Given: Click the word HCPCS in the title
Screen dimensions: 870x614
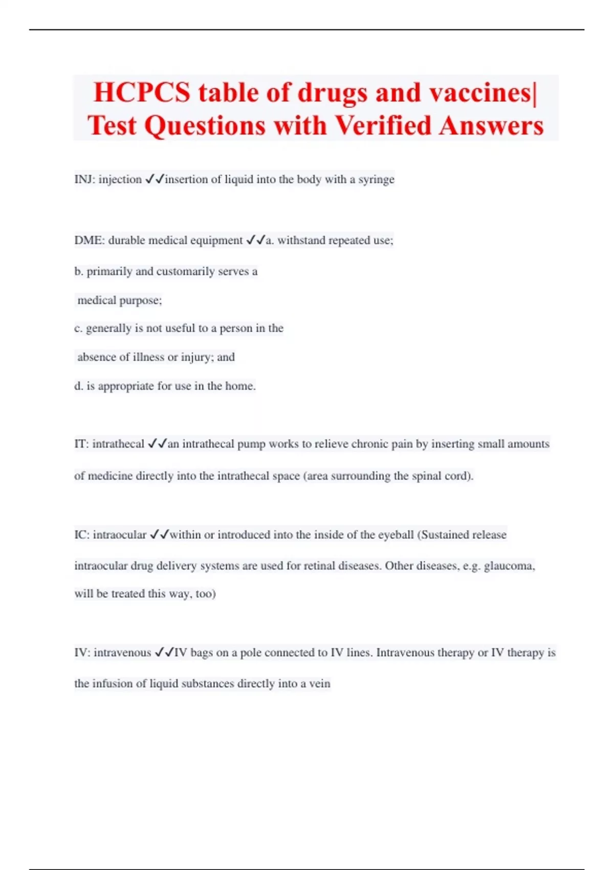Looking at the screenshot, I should (142, 93).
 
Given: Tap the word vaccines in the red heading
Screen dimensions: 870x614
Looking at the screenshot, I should (480, 93).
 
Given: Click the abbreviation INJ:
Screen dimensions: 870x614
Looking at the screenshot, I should (84, 180).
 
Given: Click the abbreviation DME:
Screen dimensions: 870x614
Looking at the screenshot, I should (89, 241).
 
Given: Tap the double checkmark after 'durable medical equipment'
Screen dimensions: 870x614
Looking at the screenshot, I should (255, 240).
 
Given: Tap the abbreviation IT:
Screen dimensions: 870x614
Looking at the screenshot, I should (81, 444).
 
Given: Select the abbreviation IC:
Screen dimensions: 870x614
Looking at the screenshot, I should (82, 535).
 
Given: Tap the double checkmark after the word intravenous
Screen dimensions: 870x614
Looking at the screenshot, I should (164, 652).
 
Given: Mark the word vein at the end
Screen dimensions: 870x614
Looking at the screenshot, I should (320, 684).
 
